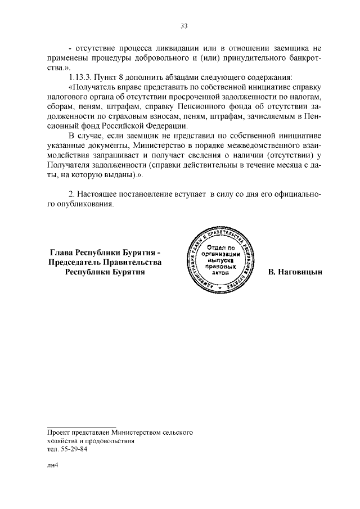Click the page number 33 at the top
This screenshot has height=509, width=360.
(x=183, y=26)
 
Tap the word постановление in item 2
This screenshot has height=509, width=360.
(x=142, y=194)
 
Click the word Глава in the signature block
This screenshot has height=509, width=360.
(x=62, y=253)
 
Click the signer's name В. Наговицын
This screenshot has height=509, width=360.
(x=295, y=272)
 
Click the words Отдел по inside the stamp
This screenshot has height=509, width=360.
(x=217, y=248)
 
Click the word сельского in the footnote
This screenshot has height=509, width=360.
(x=178, y=433)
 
